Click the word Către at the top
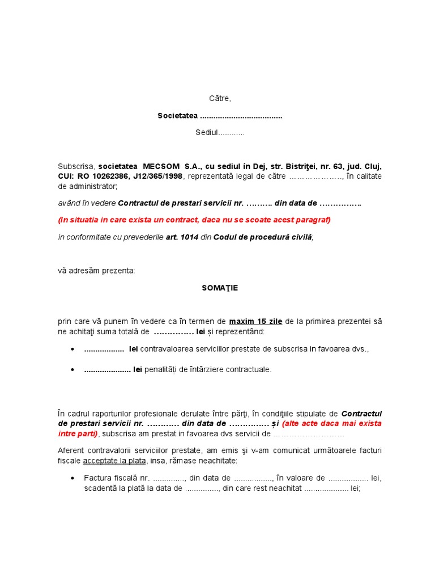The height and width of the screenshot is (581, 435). (x=220, y=99)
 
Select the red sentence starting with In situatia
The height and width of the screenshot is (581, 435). (x=194, y=220)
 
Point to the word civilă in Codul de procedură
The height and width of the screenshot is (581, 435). (x=300, y=237)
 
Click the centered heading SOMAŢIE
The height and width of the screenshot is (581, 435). (x=220, y=288)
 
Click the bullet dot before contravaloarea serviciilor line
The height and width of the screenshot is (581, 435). (x=73, y=350)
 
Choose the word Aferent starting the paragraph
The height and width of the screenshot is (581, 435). (x=71, y=451)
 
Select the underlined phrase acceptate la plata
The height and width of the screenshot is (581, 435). (x=114, y=461)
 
